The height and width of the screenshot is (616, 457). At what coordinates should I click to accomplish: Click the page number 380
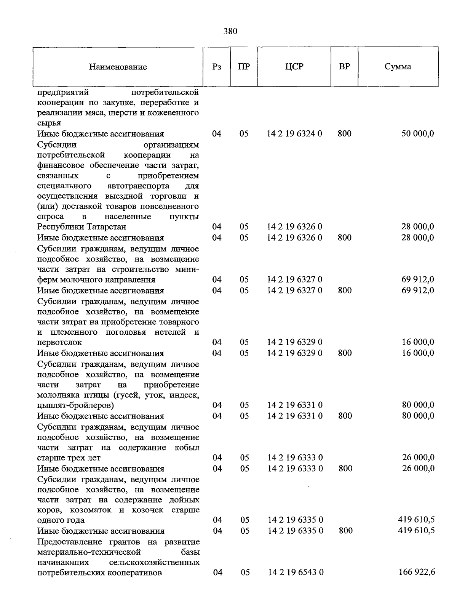230,31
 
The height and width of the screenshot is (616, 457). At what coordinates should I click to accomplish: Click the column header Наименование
118,67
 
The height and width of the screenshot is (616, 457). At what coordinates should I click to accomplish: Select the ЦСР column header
294,67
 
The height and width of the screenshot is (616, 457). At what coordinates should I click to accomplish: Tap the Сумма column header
398,67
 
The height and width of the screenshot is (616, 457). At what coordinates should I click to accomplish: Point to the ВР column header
344,66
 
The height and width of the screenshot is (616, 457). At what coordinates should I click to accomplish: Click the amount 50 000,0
417,134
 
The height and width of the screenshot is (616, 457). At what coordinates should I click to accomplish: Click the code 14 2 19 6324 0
294,134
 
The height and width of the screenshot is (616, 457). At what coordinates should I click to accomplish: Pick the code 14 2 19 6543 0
296,572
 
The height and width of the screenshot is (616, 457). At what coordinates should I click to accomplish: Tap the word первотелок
59,342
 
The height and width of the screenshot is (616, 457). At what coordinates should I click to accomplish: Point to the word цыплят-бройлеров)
75,405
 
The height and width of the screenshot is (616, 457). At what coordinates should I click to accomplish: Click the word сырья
49,123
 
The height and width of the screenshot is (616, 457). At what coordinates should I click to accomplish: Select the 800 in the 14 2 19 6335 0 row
345,531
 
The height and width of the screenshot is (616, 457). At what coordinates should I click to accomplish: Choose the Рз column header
217,67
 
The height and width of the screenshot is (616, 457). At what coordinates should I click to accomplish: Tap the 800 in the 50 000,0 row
344,134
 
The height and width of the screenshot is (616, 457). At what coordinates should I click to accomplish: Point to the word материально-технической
89,552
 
